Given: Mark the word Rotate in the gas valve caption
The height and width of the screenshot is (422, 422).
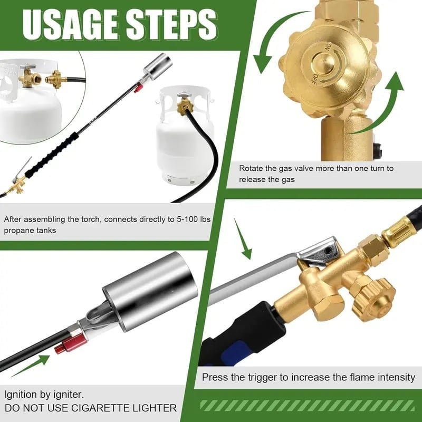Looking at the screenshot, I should click(251, 169).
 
